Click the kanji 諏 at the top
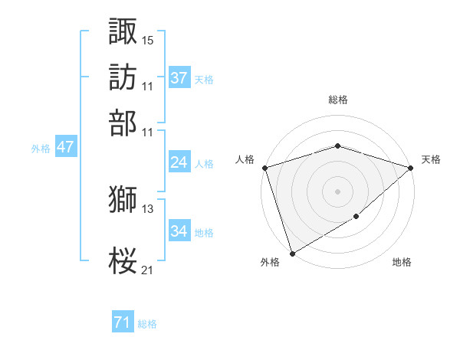point(123,31)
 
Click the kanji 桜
point(123,260)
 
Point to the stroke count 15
point(148,39)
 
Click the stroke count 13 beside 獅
point(148,208)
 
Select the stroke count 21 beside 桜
point(148,269)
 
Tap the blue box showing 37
point(179,78)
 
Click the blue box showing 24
point(179,162)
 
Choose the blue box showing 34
point(179,231)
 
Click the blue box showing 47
point(65,147)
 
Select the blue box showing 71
point(123,322)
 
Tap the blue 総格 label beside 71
point(147,324)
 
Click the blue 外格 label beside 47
point(41,149)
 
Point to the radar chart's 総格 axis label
point(338,100)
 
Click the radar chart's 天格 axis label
point(431,159)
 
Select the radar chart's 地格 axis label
point(402,262)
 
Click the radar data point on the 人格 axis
point(264,168)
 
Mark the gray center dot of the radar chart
point(338,191)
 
